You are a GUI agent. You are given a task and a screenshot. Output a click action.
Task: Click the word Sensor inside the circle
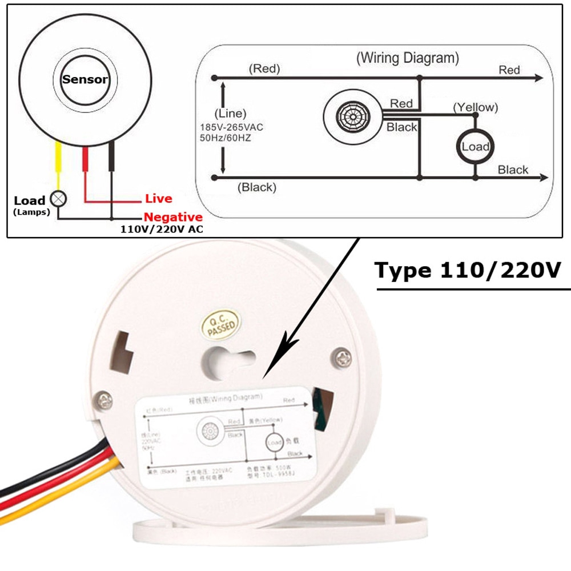point(85,79)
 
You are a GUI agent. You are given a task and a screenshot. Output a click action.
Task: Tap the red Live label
point(158,199)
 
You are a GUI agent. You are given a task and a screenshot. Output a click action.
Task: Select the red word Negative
point(172,217)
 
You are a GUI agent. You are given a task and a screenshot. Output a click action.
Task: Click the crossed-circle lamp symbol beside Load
point(58,199)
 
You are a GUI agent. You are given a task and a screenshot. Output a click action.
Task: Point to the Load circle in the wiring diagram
point(475,147)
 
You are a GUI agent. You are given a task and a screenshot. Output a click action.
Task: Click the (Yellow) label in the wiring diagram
point(475,107)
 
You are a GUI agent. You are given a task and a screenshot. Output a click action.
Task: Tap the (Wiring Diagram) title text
point(407,58)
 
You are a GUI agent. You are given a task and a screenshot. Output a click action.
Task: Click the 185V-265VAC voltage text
point(231,127)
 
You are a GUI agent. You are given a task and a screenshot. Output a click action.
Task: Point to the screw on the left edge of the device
point(104,400)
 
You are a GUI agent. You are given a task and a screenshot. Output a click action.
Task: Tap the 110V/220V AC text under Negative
point(162,230)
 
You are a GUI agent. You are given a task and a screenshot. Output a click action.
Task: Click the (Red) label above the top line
point(264,69)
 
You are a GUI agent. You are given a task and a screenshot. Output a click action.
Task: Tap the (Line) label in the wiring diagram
point(230,114)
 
